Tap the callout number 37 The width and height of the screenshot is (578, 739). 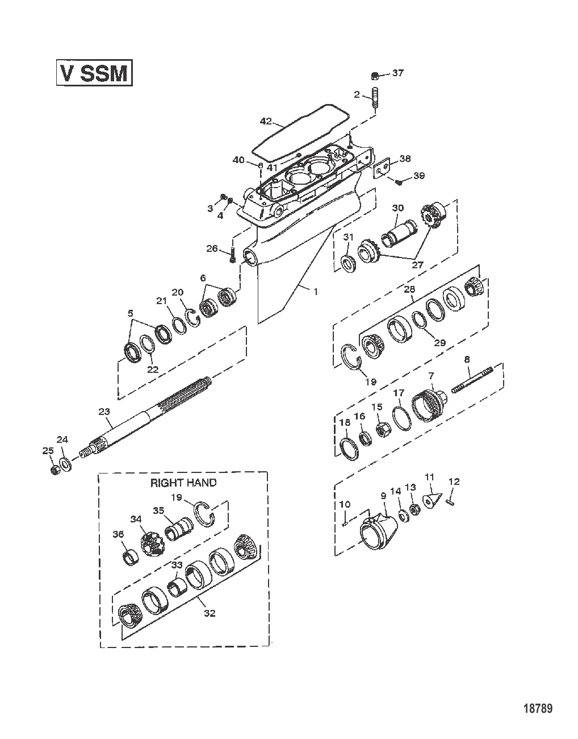[397, 73]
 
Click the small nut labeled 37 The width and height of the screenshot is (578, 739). [374, 76]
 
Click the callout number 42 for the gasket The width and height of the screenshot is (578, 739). [267, 121]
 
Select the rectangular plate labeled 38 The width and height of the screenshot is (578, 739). [384, 169]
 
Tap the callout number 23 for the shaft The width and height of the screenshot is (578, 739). [104, 411]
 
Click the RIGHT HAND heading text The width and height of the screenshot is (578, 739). [183, 483]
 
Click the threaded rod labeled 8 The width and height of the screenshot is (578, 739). [472, 379]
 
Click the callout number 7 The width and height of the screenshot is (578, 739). [431, 376]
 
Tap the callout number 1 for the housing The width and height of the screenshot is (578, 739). [315, 290]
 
